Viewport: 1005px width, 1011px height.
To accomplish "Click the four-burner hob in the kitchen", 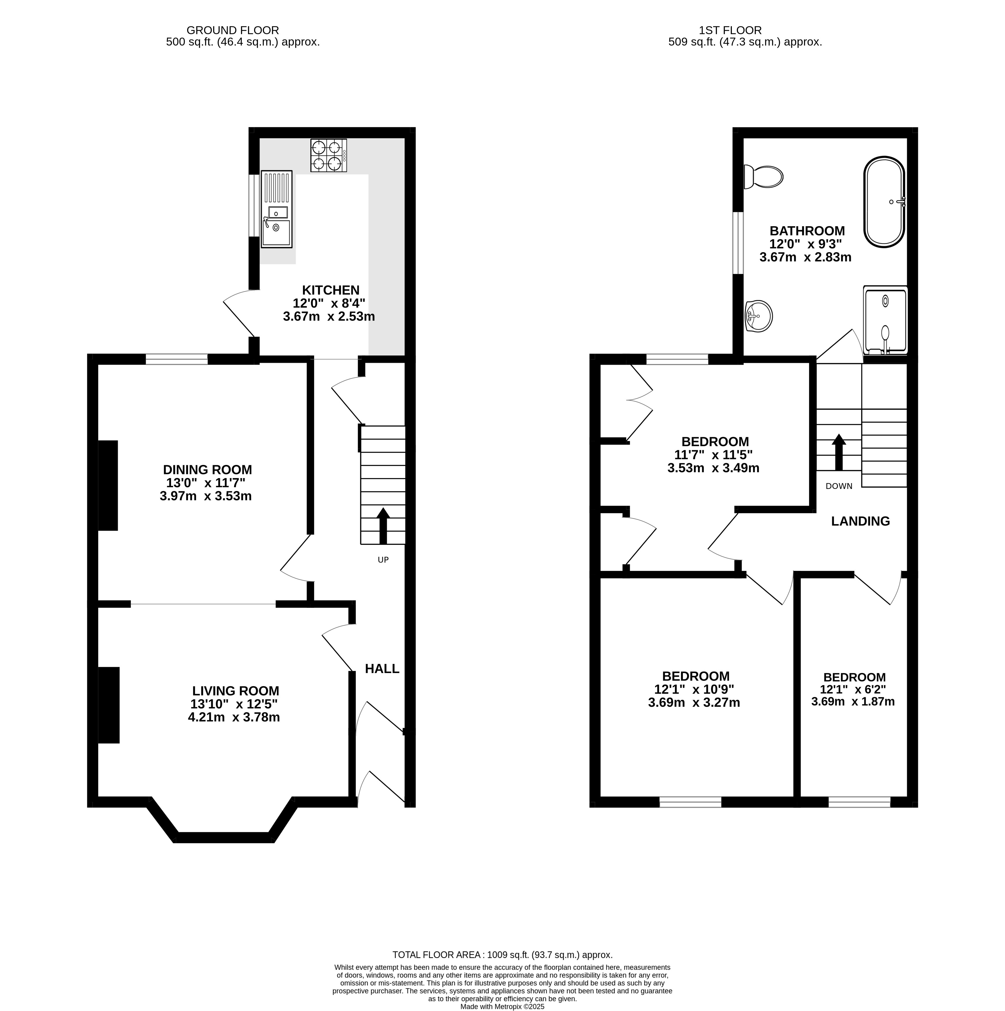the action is (328, 155).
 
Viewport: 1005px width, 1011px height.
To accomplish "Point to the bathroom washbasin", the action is (758, 316).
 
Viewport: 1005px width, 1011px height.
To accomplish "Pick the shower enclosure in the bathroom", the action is (885, 320).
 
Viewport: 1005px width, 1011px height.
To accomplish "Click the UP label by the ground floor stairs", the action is (383, 560).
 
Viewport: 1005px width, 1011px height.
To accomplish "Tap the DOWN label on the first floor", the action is (839, 486).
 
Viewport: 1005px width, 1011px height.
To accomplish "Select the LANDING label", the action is (861, 521).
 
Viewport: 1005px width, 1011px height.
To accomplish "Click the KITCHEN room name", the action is (330, 290).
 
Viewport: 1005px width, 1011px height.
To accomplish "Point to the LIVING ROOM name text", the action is (235, 691).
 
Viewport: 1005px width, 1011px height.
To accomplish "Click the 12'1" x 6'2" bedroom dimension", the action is (853, 690).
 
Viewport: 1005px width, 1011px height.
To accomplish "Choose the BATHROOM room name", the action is (807, 231).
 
